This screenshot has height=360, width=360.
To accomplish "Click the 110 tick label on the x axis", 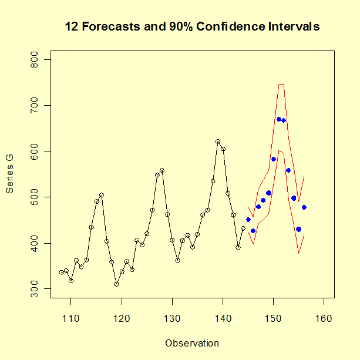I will pos(71,318).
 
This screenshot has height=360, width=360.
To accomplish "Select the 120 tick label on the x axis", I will pos(122,318).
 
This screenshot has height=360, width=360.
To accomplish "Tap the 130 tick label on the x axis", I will pos(172,318).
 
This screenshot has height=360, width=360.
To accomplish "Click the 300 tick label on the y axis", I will pos(33,288).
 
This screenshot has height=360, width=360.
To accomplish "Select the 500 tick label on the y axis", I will pos(33,197).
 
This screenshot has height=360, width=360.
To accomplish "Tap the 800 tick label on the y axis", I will pos(33,60).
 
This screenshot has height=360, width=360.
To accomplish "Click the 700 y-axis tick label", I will pos(33,106).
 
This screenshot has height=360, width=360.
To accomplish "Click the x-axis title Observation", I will pos(192,344).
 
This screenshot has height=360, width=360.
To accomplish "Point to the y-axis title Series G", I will pos(10,174).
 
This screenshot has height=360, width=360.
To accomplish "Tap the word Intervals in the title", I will pos(295,27).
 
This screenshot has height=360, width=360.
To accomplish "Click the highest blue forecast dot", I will pos(278,119).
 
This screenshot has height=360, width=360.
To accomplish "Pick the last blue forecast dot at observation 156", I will pos(304,207).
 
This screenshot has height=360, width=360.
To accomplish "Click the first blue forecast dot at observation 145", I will pos(248,220).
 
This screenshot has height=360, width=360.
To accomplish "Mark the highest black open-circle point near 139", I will pos(218,142).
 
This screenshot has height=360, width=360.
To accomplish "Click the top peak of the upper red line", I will pos(281,84).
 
